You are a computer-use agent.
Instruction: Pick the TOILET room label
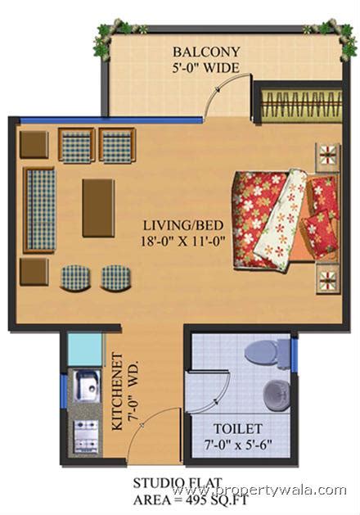point(237,428)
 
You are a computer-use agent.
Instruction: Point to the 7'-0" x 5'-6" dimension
point(237,445)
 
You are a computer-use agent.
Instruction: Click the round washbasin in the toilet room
point(277,395)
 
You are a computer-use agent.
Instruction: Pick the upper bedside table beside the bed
point(329,155)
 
